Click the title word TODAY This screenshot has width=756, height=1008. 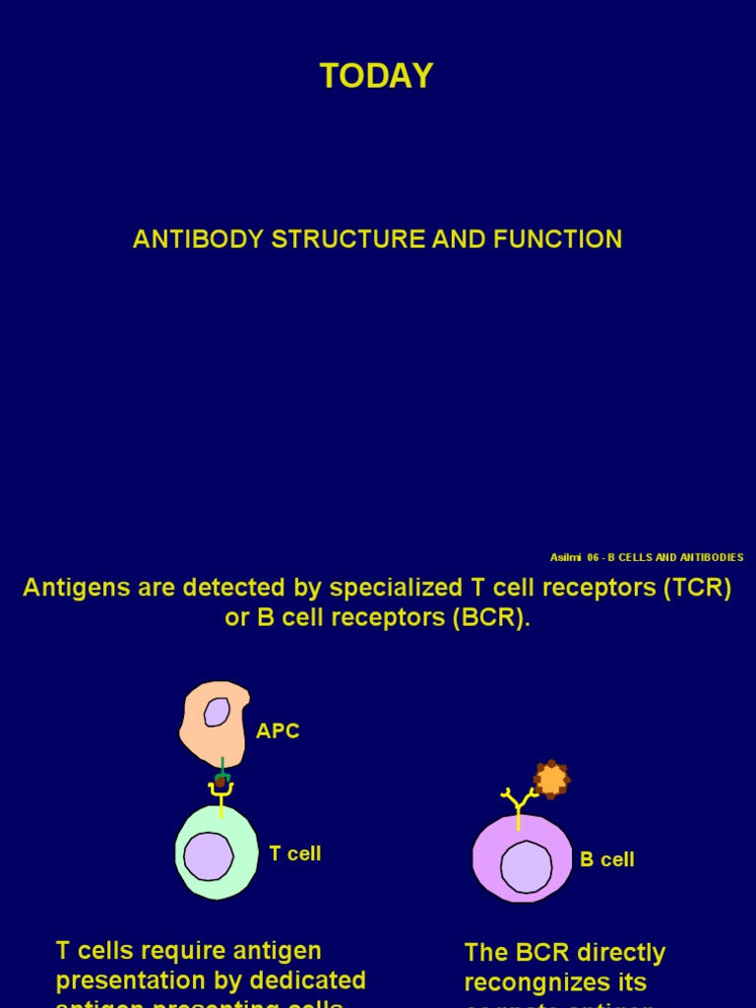[376, 77]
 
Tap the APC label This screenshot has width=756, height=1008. [278, 731]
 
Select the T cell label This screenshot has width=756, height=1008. [295, 853]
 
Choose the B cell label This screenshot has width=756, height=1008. [607, 859]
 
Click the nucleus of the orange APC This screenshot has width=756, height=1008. [217, 712]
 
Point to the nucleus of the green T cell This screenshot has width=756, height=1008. [209, 855]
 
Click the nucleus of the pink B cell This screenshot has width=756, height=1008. [527, 867]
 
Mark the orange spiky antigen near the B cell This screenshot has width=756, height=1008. [552, 780]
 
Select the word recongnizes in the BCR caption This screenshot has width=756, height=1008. [555, 982]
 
